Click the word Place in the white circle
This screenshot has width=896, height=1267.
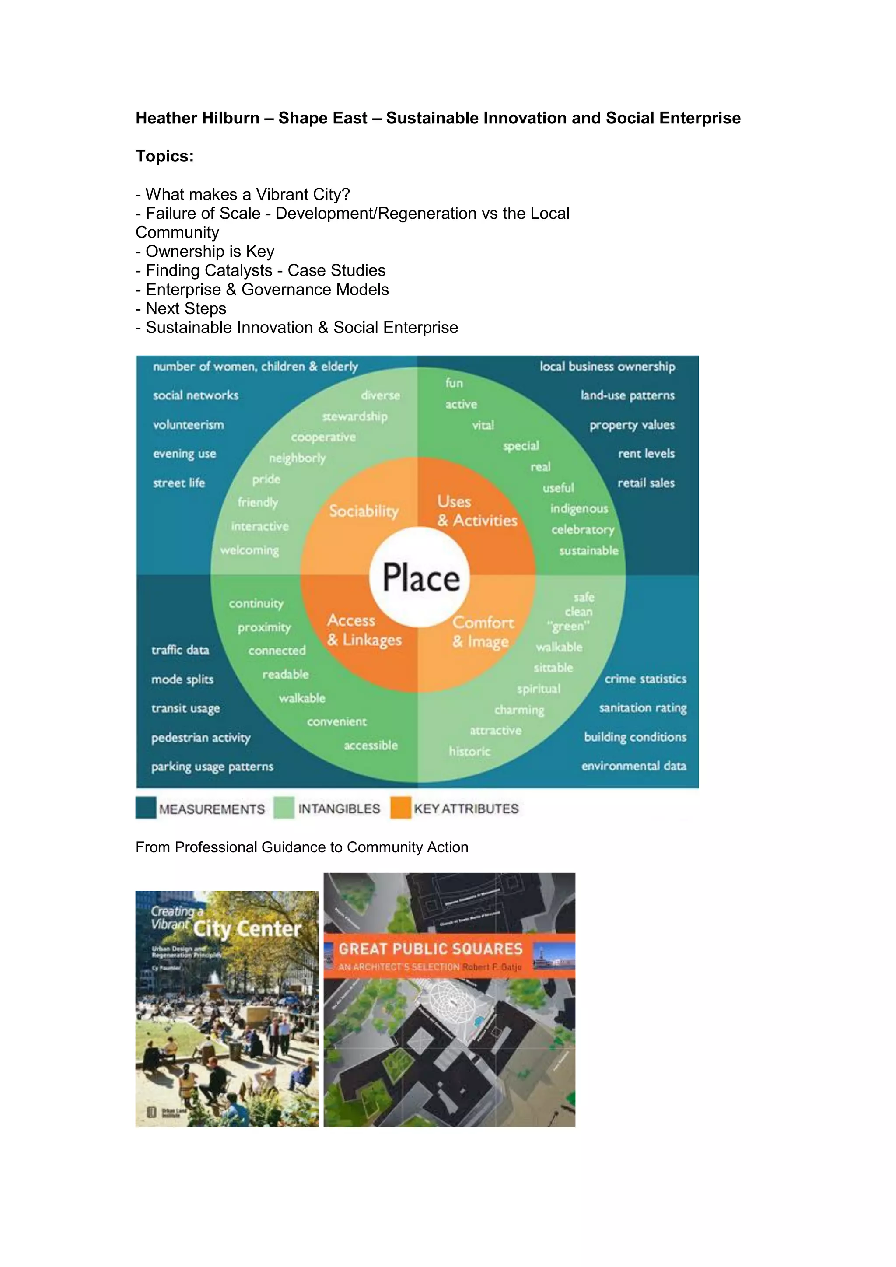click(421, 578)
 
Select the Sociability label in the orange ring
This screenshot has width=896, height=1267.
click(364, 511)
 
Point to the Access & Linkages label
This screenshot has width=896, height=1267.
click(364, 630)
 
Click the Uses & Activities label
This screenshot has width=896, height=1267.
click(477, 511)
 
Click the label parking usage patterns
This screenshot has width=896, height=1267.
click(213, 766)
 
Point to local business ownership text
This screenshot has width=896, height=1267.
click(607, 367)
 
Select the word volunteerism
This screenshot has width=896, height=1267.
click(188, 425)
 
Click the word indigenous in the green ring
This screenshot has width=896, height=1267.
click(579, 508)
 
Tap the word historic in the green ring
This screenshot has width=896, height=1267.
click(469, 751)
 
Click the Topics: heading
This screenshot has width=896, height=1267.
click(164, 156)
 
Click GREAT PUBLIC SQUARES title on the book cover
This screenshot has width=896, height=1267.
click(430, 948)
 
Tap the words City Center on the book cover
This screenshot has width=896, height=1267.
click(247, 929)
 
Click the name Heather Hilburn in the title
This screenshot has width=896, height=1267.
click(197, 118)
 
